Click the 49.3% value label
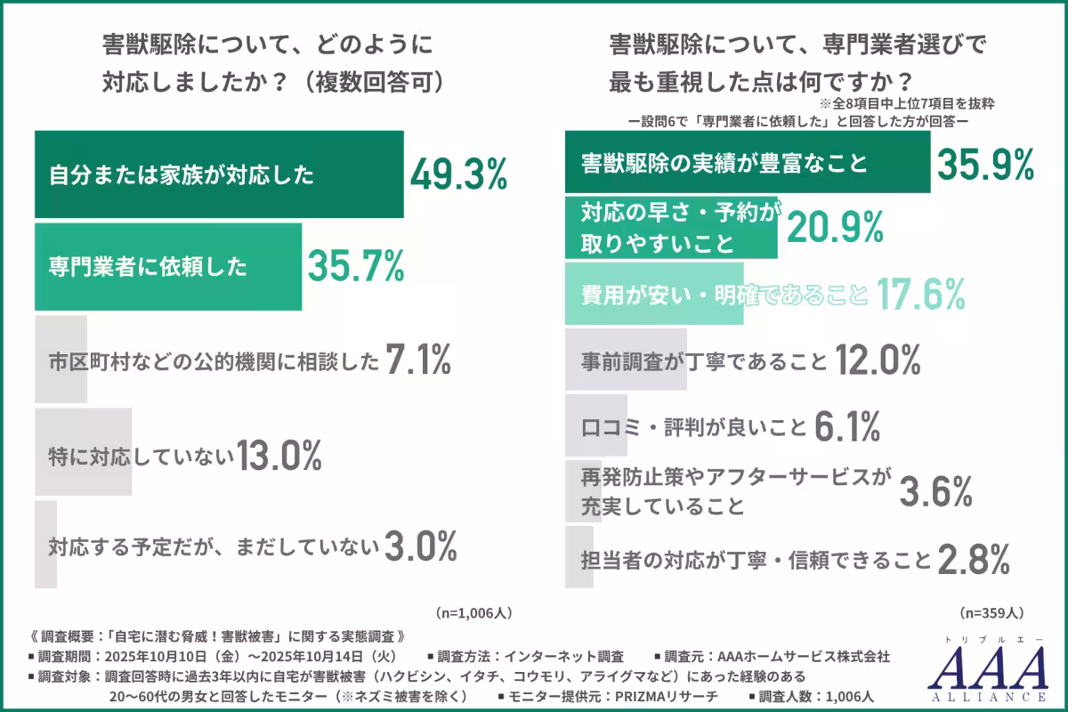(458, 174)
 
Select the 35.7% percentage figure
(356, 265)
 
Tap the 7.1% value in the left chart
(418, 360)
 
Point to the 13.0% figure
(278, 456)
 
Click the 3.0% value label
(420, 546)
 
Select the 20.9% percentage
(834, 228)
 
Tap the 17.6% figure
(920, 292)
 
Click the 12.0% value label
(877, 361)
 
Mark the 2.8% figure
(973, 560)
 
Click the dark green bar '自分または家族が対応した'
(218, 174)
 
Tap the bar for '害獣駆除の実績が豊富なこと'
(748, 163)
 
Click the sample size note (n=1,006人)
(473, 613)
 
